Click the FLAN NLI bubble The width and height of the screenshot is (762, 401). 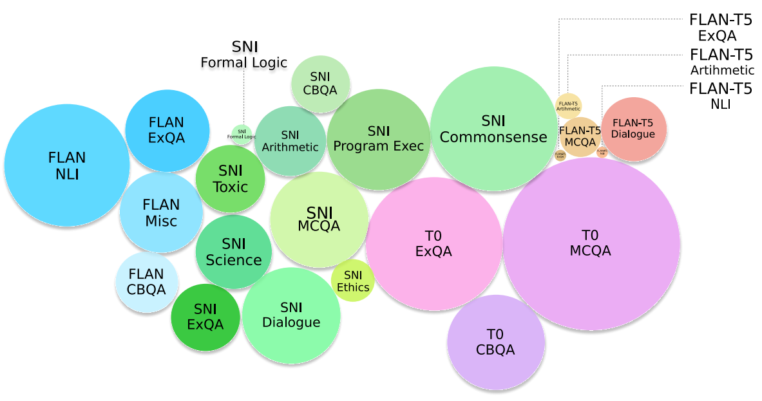tap(67, 165)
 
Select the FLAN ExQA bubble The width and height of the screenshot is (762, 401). tap(167, 130)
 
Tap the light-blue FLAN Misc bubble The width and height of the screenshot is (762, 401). tap(161, 212)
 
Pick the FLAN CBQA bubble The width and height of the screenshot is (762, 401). tap(147, 283)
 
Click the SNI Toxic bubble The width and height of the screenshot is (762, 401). tap(230, 178)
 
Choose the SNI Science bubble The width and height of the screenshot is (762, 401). tap(233, 252)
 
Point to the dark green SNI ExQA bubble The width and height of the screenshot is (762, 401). tap(205, 317)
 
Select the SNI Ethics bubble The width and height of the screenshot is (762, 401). tap(353, 281)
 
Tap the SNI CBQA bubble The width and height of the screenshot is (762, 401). tap(320, 84)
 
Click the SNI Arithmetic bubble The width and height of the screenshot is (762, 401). tap(291, 141)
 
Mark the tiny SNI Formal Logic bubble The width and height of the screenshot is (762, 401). tap(242, 135)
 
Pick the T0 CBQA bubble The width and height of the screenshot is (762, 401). tap(495, 342)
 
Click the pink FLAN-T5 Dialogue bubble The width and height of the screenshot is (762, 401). tap(633, 129)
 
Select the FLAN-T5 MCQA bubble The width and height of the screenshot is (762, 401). tap(580, 136)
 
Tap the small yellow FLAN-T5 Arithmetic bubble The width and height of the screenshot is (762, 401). tap(568, 106)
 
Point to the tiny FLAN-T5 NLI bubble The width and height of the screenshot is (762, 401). tap(602, 153)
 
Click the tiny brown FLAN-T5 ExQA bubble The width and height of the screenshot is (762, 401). tap(560, 154)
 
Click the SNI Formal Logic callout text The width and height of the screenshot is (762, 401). tap(243, 55)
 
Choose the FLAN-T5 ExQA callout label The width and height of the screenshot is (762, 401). tap(720, 27)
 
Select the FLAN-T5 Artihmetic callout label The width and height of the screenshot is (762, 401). tap(721, 62)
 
